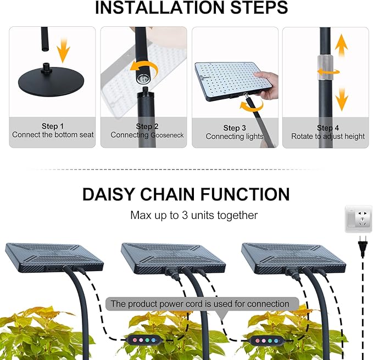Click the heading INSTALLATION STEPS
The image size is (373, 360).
(x=191, y=8)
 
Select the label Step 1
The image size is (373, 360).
(x=53, y=126)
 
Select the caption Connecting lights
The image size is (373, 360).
(x=235, y=136)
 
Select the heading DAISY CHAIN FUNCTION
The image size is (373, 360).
(x=186, y=194)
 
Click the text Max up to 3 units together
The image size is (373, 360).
(x=194, y=215)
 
